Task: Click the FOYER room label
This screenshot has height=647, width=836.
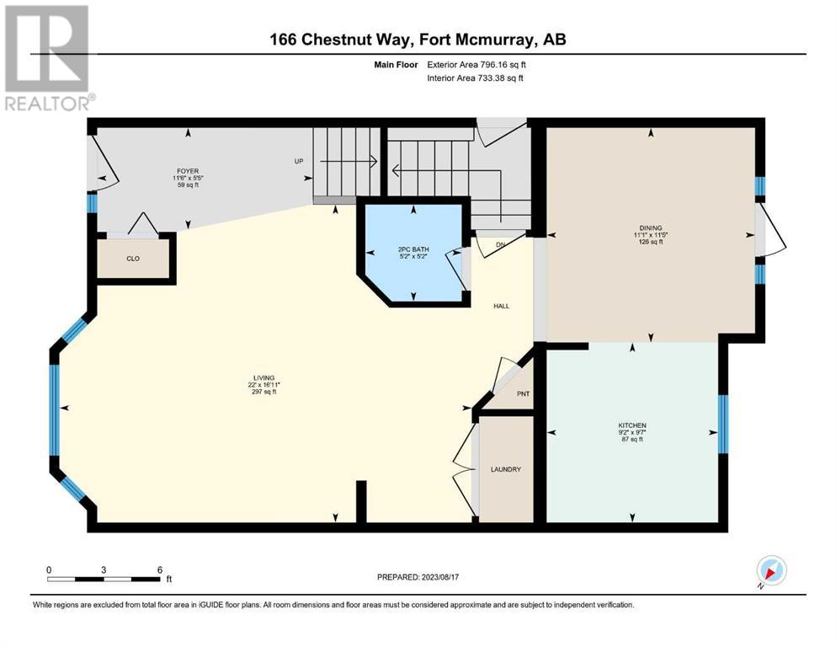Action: [188, 171]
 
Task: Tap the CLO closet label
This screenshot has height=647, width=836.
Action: [133, 259]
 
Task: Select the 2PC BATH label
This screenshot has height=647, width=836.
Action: [413, 249]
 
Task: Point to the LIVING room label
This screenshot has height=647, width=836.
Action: [264, 377]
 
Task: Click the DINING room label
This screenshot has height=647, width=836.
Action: [651, 227]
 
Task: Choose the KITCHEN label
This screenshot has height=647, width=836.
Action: [632, 425]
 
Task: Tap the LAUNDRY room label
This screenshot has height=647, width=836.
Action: [506, 469]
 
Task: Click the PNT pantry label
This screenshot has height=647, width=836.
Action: [524, 393]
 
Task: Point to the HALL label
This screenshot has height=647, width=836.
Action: [501, 306]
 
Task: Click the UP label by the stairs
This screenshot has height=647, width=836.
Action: [299, 161]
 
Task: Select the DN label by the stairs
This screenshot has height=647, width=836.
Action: [501, 245]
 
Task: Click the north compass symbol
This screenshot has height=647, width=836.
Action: [771, 569]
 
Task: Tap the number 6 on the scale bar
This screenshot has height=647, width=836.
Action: [160, 569]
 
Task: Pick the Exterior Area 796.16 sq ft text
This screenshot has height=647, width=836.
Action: [477, 65]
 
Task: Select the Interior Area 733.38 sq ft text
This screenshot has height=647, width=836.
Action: [475, 78]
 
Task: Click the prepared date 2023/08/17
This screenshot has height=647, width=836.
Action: [439, 577]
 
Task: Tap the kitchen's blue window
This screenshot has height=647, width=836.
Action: [723, 424]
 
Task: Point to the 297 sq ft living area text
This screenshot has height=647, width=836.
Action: [264, 392]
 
